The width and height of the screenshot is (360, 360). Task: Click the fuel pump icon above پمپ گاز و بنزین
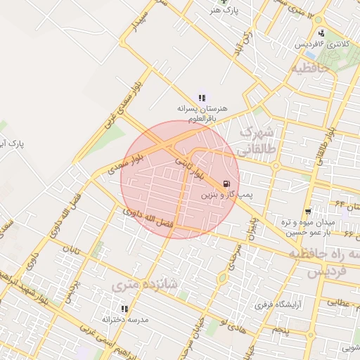coord(226,184)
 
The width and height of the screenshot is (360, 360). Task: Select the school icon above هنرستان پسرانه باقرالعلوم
coord(202,98)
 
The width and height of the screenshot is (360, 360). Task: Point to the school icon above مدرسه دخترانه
coord(124,308)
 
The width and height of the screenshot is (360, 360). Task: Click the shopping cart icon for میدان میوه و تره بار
coord(308,212)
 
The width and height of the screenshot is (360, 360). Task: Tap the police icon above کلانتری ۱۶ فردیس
coord(321,33)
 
